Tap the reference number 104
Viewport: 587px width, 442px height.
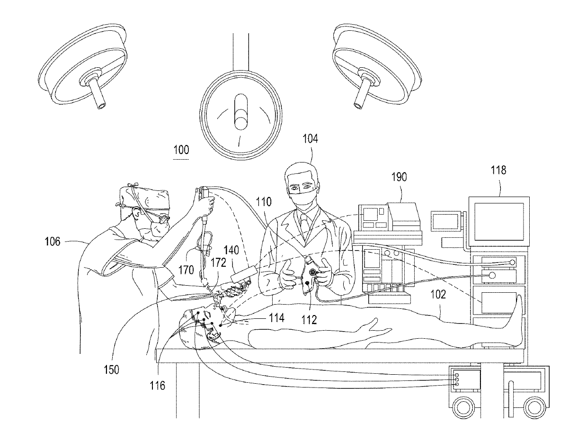click(310, 139)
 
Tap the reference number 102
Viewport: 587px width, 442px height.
click(437, 294)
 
